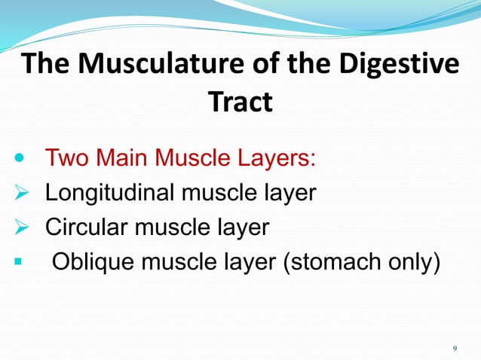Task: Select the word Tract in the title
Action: (240, 102)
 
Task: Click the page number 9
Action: (454, 348)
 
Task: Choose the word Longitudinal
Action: (111, 194)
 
